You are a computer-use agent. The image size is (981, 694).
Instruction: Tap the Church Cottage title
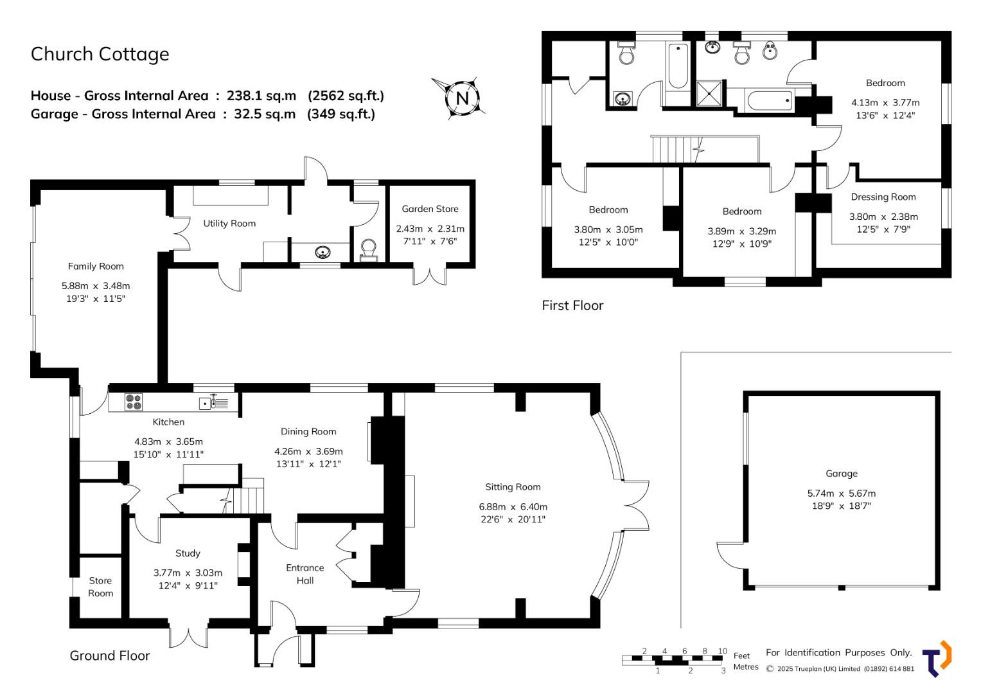[100, 55]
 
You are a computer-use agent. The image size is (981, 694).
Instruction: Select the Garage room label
[842, 473]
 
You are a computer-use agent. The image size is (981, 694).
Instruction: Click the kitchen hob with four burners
[134, 402]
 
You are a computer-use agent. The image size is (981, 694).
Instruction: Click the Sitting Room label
[513, 487]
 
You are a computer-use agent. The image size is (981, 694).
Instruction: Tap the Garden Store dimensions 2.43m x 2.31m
[430, 228]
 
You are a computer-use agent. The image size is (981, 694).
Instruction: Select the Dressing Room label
[883, 197]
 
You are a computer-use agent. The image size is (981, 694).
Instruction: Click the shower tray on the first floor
[709, 93]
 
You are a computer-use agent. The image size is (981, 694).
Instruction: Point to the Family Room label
[96, 267]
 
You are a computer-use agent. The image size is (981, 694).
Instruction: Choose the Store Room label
[101, 587]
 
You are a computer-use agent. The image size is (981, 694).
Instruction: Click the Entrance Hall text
[305, 574]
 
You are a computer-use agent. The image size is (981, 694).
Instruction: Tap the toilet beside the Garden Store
[368, 250]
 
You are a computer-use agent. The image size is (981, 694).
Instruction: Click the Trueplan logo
[938, 658]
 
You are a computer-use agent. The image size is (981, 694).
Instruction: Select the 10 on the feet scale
[722, 650]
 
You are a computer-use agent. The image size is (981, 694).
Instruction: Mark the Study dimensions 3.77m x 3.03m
[188, 573]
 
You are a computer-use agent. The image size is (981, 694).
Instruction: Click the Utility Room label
[229, 224]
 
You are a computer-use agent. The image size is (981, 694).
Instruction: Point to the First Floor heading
[572, 305]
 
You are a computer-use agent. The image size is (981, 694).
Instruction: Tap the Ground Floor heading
[110, 655]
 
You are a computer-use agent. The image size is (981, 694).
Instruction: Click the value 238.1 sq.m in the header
[261, 96]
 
